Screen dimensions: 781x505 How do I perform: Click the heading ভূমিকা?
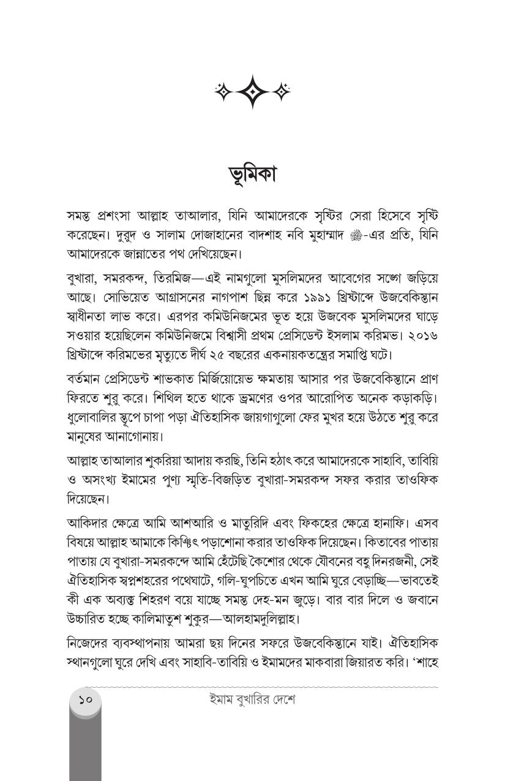(x=252, y=174)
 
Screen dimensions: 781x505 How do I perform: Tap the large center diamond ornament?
(x=252, y=92)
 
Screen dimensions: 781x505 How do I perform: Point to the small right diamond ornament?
(x=282, y=92)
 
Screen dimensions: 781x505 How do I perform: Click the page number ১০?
(x=85, y=699)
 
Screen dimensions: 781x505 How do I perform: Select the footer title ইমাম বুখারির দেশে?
(x=252, y=700)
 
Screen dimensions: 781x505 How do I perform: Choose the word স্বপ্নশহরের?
(x=146, y=580)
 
